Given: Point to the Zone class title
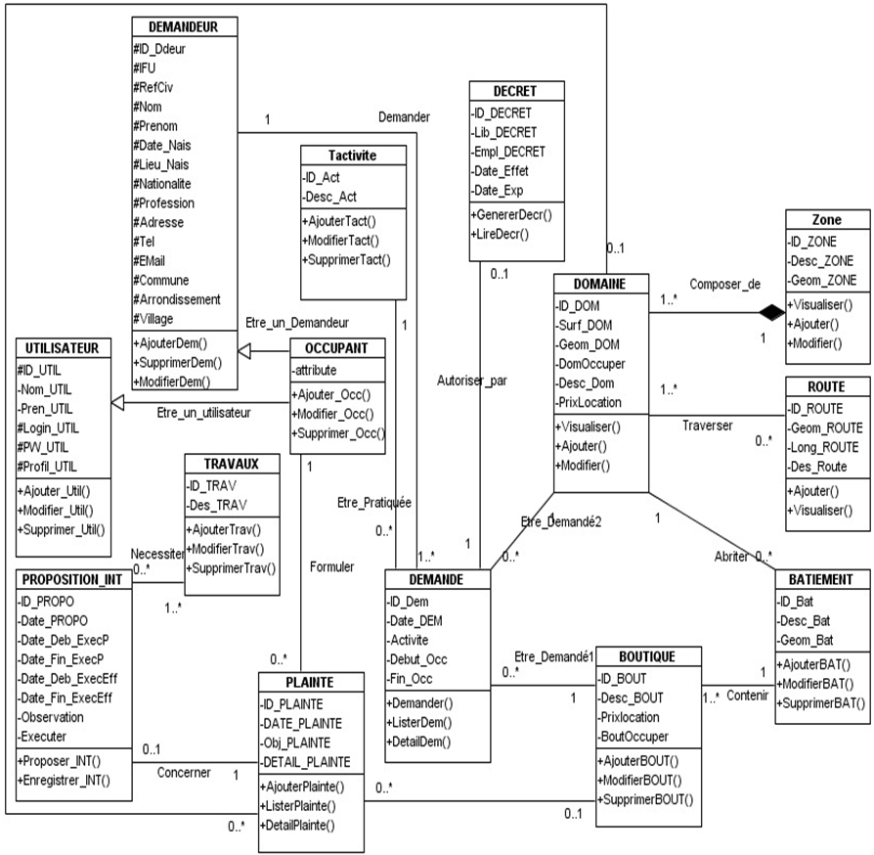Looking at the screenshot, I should (826, 220).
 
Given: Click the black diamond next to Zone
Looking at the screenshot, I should (773, 312).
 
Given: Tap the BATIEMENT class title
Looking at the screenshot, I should (820, 579).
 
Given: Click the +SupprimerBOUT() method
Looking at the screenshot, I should (645, 799).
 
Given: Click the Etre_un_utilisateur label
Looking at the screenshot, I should (203, 412).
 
